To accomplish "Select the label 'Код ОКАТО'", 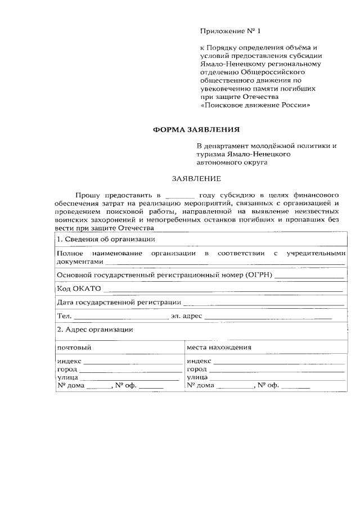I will [79, 289].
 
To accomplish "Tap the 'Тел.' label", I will [64, 317].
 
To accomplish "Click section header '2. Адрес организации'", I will [95, 329].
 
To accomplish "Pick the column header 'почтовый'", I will [74, 347].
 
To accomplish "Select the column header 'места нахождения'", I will [219, 347].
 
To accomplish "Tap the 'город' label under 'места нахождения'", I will [197, 369].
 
